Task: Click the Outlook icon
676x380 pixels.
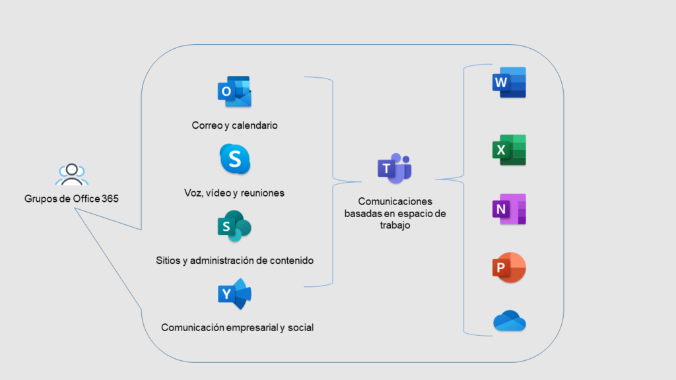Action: (x=234, y=92)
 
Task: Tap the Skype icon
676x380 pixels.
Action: (x=235, y=159)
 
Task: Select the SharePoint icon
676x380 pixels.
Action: (x=234, y=228)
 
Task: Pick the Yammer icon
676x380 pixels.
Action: (x=234, y=294)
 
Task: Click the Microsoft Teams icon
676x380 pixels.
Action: (x=394, y=168)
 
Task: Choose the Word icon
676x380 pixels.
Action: (x=509, y=82)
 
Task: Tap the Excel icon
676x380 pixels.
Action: (x=509, y=150)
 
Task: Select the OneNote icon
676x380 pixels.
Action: (x=509, y=210)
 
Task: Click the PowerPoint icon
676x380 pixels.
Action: (x=509, y=267)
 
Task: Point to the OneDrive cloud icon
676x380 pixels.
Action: (x=509, y=322)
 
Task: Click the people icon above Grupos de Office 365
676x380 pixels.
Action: (x=71, y=174)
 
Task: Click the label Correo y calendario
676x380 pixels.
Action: (x=234, y=125)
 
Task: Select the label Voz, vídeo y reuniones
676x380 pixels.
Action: (x=234, y=193)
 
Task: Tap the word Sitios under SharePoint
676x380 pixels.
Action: (x=168, y=260)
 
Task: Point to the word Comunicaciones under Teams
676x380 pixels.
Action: (x=394, y=202)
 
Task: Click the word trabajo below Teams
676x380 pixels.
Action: (x=394, y=225)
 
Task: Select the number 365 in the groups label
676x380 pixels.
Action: (x=111, y=198)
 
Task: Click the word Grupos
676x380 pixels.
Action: (x=39, y=198)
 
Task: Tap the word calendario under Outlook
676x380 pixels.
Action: (x=254, y=125)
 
